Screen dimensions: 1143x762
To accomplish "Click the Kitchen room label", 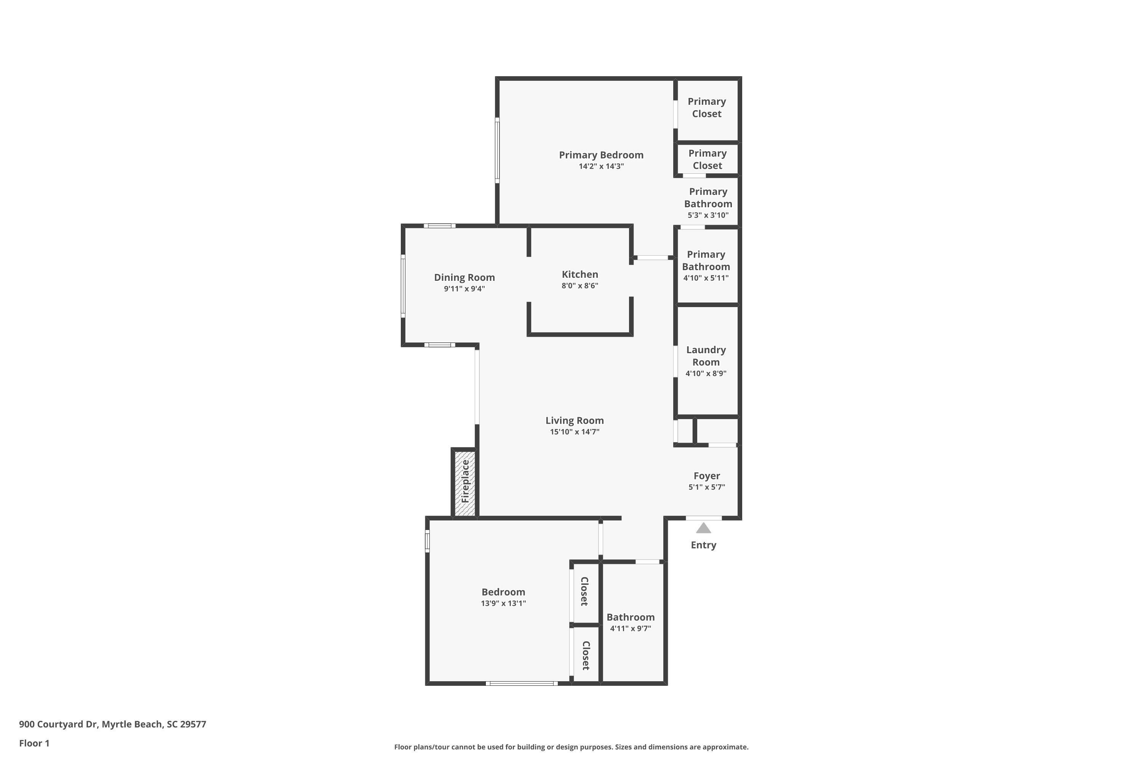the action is [x=580, y=275].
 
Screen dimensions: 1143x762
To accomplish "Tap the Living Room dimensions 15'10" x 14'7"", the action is [x=575, y=432].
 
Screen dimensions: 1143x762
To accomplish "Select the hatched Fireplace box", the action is [x=464, y=483].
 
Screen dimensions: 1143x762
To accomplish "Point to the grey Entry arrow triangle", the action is [x=703, y=528].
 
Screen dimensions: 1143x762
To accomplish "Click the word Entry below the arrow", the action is [x=703, y=545].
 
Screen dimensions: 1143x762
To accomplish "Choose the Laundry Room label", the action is [x=706, y=356].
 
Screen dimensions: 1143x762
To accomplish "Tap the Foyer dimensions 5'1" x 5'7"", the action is [x=707, y=487].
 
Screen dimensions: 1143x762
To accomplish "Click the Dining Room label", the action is [x=464, y=277].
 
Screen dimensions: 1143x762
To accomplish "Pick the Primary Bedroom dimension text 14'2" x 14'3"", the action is [x=601, y=166].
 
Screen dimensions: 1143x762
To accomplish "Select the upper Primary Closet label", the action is [x=707, y=107].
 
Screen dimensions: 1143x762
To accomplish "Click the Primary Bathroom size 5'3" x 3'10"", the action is [x=708, y=215].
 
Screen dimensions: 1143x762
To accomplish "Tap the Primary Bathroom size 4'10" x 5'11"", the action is [x=706, y=278].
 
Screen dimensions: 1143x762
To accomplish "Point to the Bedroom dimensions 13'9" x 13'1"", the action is [x=503, y=603].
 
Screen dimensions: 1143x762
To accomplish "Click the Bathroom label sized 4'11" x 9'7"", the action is [x=630, y=617].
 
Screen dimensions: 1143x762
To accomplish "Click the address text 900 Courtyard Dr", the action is [x=58, y=724].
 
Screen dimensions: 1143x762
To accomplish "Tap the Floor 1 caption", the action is [x=34, y=743].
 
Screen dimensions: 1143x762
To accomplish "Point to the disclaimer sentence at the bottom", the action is [x=571, y=747].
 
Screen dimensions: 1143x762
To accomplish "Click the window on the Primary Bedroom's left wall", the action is [x=497, y=150].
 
